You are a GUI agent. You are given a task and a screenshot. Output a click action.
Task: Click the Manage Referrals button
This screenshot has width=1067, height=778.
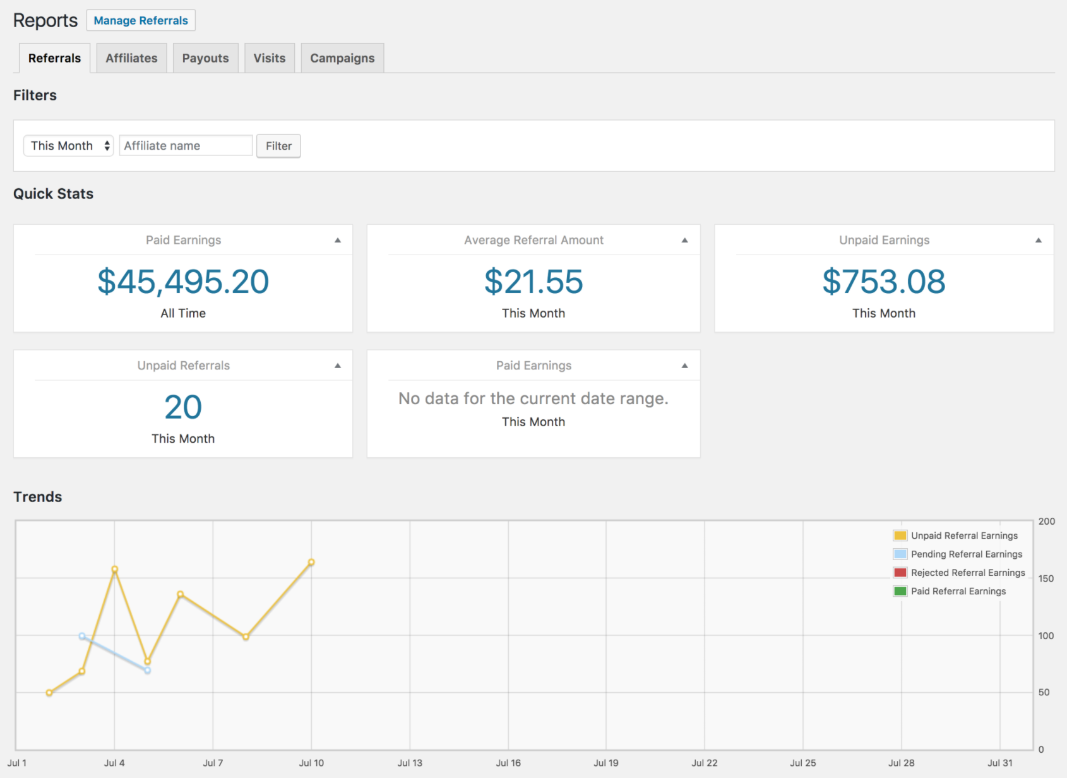141,20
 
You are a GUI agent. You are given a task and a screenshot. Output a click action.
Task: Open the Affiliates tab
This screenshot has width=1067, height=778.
131,58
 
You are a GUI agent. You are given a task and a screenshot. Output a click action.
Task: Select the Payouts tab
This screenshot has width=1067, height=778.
205,58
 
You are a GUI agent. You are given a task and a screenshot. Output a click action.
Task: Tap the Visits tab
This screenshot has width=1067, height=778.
270,58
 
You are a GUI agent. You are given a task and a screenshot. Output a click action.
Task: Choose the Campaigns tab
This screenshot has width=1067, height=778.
342,58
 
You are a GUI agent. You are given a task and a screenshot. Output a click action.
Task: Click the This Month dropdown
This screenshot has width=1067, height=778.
69,146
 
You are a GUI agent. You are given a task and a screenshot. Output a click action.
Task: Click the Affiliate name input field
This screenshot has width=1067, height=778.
186,146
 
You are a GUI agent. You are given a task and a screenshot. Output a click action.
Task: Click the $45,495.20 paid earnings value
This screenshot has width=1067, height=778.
183,282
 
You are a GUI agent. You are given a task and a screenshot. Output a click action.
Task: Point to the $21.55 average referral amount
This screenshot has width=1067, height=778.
533,282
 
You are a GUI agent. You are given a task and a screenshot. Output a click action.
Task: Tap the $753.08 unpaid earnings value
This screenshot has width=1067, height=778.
884,282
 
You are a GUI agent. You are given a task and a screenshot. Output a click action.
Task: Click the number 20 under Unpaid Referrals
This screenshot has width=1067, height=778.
183,407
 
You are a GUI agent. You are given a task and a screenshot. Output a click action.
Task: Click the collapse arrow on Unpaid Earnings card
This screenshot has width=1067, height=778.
1038,241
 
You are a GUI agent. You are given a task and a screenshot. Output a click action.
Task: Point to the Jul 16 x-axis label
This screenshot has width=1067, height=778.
508,763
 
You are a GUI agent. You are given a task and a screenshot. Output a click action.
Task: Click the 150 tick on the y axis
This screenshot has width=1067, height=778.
1046,578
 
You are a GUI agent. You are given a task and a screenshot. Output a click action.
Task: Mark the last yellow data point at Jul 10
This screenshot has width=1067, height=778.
311,562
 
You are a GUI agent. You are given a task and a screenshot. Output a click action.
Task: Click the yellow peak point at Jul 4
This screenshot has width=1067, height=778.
115,570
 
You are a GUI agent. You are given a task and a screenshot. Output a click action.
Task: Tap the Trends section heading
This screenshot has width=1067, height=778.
38,497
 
